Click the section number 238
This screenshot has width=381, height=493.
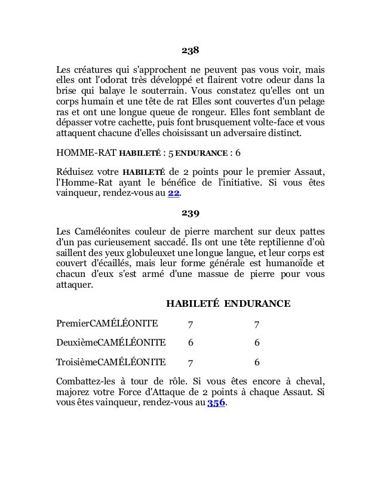[190, 49]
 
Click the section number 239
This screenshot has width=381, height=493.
[190, 212]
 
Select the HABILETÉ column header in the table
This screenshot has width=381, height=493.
[192, 304]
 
